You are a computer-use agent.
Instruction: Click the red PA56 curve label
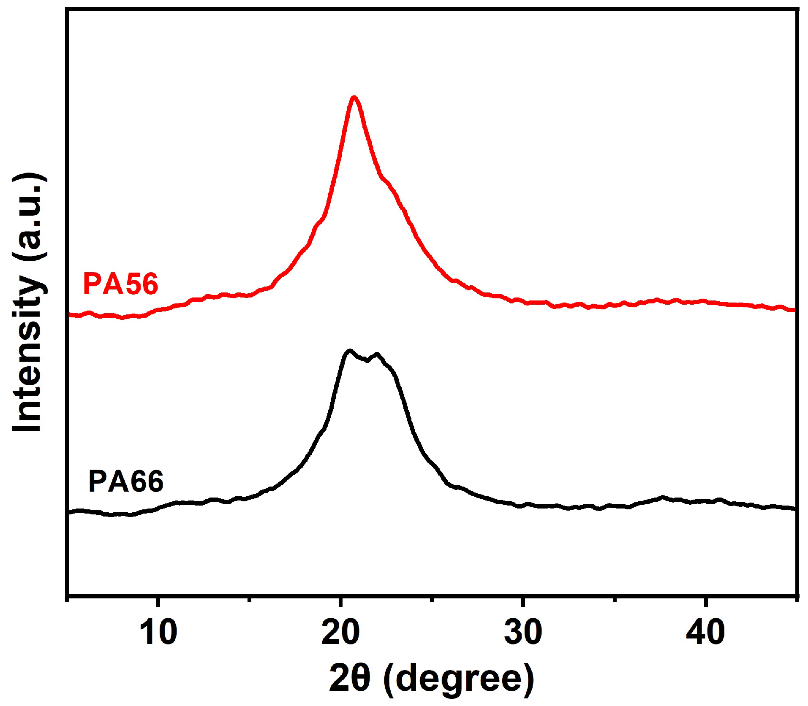coord(120,284)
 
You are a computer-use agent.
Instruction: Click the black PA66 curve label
coord(125,481)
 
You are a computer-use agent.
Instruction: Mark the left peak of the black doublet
coord(349,351)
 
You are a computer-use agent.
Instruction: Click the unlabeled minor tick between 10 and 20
coord(249,598)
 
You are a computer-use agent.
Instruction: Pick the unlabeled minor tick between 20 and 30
coord(432,598)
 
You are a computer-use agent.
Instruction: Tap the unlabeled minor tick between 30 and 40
coord(614,598)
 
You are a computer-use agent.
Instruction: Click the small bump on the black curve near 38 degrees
coord(662,497)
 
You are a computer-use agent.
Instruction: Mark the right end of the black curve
coord(794,509)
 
